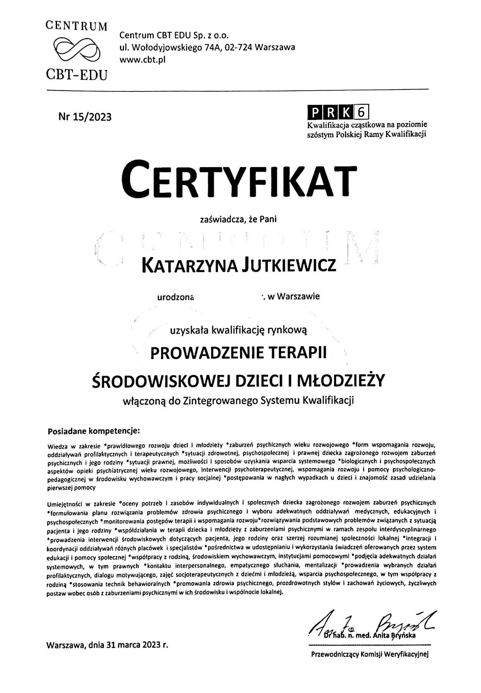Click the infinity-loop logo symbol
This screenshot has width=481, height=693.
(77, 48)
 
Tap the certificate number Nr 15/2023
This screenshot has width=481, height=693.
(85, 117)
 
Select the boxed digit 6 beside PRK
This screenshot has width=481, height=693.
(363, 112)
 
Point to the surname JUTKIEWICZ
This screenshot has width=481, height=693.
(288, 266)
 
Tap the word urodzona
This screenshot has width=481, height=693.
(175, 297)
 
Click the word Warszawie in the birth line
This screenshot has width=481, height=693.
(299, 296)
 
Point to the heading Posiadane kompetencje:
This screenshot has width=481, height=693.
(94, 430)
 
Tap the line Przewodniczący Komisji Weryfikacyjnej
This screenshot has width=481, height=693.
(370, 665)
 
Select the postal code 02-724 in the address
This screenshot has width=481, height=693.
(240, 47)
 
